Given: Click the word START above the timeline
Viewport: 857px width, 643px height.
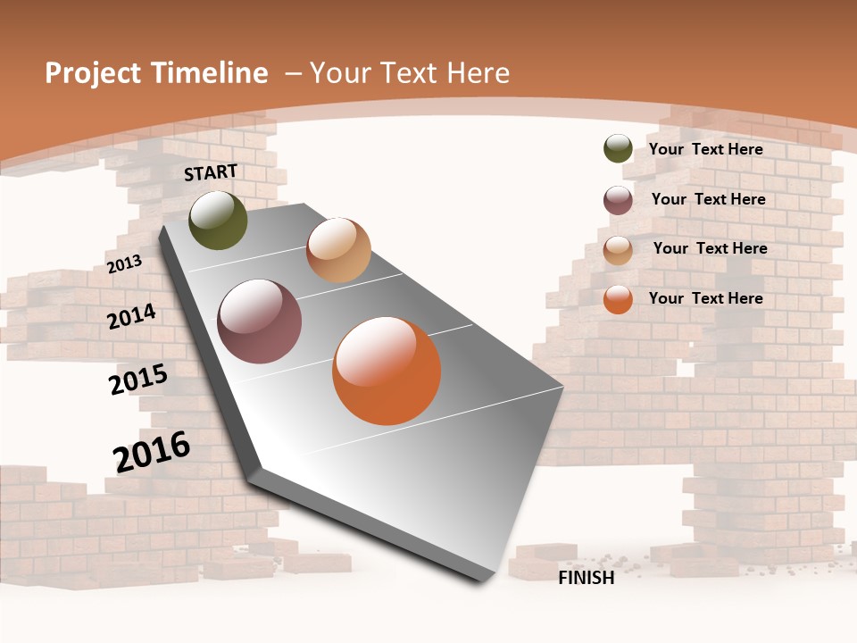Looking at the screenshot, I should click(x=211, y=172).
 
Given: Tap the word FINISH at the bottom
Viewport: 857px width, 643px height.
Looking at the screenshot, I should click(x=587, y=578).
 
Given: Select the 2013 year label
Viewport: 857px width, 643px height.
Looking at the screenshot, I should click(x=124, y=263).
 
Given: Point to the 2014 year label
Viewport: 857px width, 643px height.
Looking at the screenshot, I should click(x=131, y=316).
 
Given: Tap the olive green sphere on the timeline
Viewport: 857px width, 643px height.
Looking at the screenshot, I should click(x=218, y=220).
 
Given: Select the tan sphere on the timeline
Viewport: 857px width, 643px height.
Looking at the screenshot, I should click(x=338, y=250).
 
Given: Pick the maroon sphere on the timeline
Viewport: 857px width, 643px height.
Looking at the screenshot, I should click(x=260, y=321).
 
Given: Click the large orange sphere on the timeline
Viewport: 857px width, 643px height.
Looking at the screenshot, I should click(x=387, y=371).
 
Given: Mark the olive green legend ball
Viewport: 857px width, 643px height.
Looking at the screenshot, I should click(x=618, y=149).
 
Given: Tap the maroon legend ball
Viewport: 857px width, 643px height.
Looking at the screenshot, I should click(x=618, y=200).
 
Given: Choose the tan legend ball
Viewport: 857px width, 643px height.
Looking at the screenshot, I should click(x=618, y=250).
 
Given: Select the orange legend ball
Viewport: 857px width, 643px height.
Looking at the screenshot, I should click(x=618, y=299).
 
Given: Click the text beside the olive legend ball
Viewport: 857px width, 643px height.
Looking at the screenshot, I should click(x=706, y=150).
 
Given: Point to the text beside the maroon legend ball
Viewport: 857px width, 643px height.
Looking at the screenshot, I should click(x=708, y=199).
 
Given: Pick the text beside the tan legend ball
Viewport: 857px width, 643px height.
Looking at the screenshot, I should click(x=710, y=248).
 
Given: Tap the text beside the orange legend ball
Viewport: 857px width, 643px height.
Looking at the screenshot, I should click(x=706, y=298).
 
